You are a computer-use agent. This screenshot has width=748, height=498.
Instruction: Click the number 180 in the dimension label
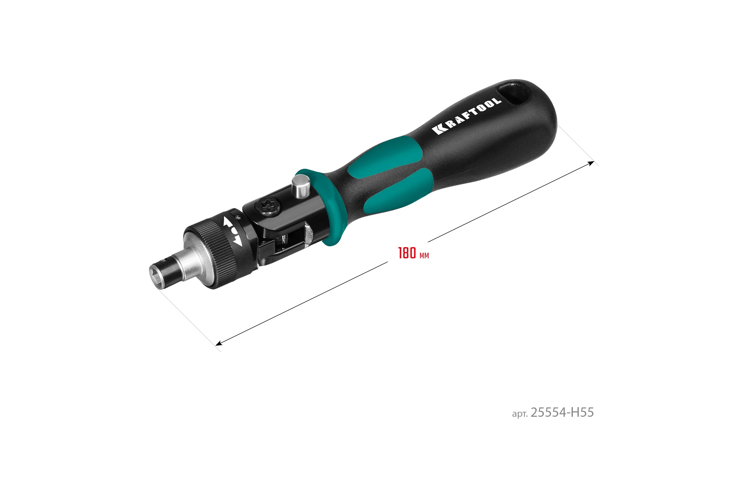click(407, 253)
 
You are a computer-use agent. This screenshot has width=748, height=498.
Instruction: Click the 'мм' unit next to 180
click(424, 256)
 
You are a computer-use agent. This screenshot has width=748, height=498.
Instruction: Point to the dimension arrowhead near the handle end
click(591, 164)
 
